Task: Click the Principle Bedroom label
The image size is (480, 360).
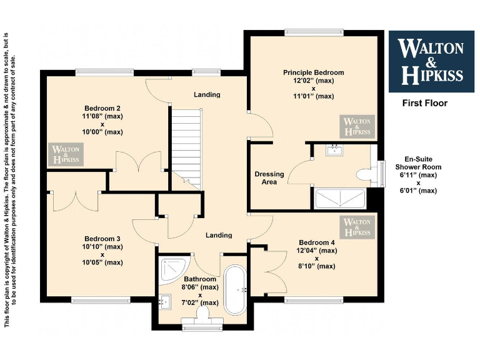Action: [313, 72]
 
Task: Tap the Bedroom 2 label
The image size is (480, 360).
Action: [102, 107]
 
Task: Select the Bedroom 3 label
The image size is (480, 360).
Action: [102, 239]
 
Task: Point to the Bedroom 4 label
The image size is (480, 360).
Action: [317, 242]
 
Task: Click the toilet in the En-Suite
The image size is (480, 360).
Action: [362, 173]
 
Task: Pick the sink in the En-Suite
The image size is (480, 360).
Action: [335, 150]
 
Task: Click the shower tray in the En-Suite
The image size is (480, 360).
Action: [340, 199]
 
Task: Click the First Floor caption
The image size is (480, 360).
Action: [424, 103]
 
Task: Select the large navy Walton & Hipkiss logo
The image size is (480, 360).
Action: [431, 61]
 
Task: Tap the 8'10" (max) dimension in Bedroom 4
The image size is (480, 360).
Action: [317, 266]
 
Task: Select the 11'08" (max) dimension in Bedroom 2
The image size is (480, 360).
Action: [102, 116]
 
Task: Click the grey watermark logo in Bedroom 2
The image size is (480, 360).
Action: [66, 154]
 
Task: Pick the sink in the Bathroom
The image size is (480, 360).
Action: [165, 302]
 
